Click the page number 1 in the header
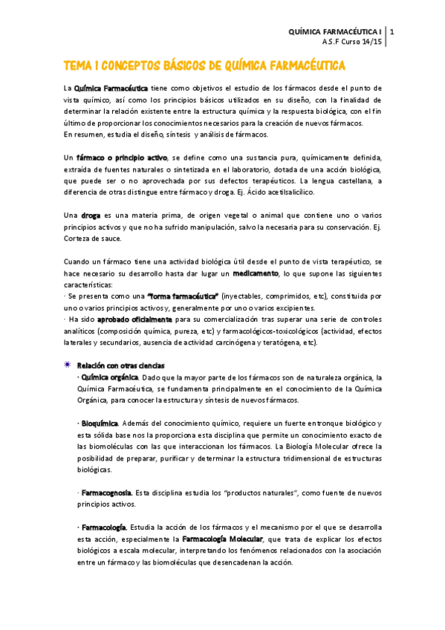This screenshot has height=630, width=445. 392,32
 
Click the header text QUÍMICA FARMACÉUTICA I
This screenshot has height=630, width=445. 336,32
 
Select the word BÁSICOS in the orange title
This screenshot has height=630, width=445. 188,66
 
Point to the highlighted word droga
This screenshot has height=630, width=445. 91,215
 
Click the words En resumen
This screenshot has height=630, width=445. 85,134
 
